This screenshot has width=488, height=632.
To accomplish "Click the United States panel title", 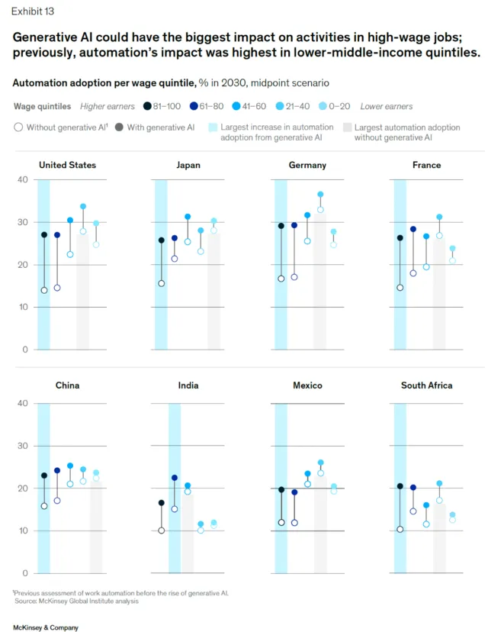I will [67, 165].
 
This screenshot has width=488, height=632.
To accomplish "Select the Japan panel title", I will [188, 165].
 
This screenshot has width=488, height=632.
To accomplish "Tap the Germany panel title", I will [308, 165].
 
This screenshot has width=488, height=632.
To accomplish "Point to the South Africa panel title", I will [426, 385].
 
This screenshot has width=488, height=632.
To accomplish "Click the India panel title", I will [188, 385].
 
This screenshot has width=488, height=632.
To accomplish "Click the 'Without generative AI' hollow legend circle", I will [18, 127].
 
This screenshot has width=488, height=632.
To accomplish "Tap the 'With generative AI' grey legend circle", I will [119, 127].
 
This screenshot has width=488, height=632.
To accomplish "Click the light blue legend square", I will [213, 127].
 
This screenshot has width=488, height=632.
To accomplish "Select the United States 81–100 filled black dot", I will [44, 235].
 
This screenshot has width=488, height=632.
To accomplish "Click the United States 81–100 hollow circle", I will [44, 290].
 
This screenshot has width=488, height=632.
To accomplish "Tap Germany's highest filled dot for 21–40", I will [320, 195].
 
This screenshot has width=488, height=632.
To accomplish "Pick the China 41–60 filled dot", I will [70, 466].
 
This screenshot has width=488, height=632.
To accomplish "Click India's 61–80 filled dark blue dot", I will [175, 478].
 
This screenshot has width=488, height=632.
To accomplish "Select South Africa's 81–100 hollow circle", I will [400, 529].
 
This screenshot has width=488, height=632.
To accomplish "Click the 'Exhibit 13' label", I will [33, 11].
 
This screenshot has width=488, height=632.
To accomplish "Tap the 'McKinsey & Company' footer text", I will [46, 627].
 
